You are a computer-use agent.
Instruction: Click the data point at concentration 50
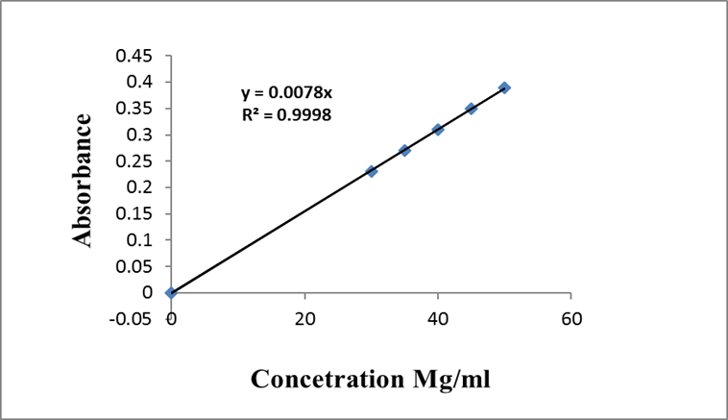pyautogui.click(x=504, y=87)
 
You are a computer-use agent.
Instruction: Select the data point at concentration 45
pyautogui.click(x=471, y=109)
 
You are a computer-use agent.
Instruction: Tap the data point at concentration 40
pyautogui.click(x=438, y=130)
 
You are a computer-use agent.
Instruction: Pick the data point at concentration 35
pyautogui.click(x=404, y=151)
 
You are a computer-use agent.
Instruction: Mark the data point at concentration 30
pyautogui.click(x=372, y=171)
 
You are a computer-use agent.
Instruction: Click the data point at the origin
pyautogui.click(x=171, y=292)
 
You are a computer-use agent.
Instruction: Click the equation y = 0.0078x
pyautogui.click(x=286, y=93)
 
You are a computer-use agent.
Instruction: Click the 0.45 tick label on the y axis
pyautogui.click(x=133, y=56)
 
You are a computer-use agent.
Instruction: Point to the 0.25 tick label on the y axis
pyautogui.click(x=133, y=161)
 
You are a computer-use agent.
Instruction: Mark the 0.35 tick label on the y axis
pyautogui.click(x=133, y=109)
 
